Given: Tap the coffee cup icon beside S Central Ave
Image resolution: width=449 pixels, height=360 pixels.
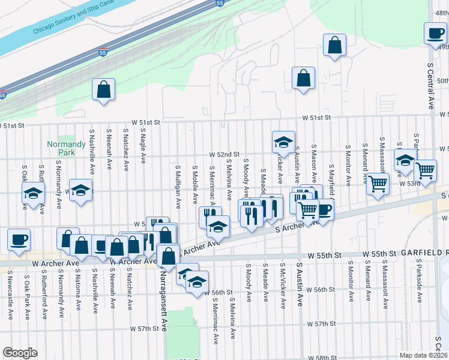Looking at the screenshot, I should (x=435, y=34).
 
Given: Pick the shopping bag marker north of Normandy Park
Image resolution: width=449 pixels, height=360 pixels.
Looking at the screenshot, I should (x=104, y=89).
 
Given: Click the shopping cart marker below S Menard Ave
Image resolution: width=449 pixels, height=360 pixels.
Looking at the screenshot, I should (x=378, y=184).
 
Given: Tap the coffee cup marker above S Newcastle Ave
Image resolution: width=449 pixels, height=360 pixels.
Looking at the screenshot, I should (x=19, y=240).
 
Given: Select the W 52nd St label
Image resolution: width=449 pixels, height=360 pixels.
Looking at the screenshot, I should (x=224, y=154).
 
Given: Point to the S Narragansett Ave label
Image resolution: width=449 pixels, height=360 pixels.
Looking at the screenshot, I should (x=163, y=298).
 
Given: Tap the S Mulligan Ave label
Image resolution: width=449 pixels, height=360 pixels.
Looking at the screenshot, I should (x=178, y=186).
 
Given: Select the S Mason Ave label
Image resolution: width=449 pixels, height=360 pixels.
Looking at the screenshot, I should (x=314, y=159).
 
